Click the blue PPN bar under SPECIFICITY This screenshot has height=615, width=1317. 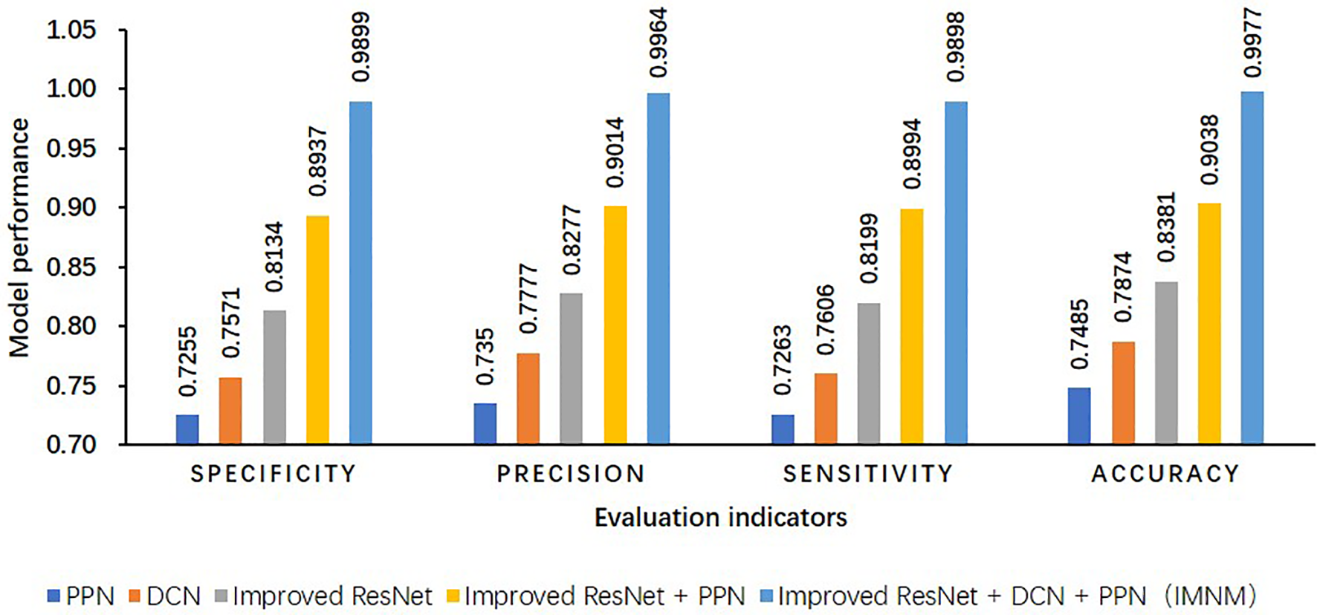187,429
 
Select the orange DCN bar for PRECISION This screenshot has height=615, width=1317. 528,399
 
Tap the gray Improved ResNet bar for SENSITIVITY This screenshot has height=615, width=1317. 868,374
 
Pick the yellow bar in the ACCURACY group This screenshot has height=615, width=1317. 1208,324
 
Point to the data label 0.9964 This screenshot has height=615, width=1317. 658,43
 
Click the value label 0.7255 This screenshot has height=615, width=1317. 189,361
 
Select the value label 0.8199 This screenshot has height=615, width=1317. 869,249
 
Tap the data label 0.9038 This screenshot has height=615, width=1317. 1209,150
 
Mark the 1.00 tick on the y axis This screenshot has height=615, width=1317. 71,89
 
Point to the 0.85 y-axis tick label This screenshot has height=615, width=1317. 71,267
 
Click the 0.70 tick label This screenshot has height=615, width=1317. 71,444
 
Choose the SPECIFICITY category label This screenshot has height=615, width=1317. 274,474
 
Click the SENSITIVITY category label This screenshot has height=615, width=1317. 868,474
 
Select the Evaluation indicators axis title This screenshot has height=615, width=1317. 720,517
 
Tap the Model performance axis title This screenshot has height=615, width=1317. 19,238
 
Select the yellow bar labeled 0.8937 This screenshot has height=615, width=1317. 317,330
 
